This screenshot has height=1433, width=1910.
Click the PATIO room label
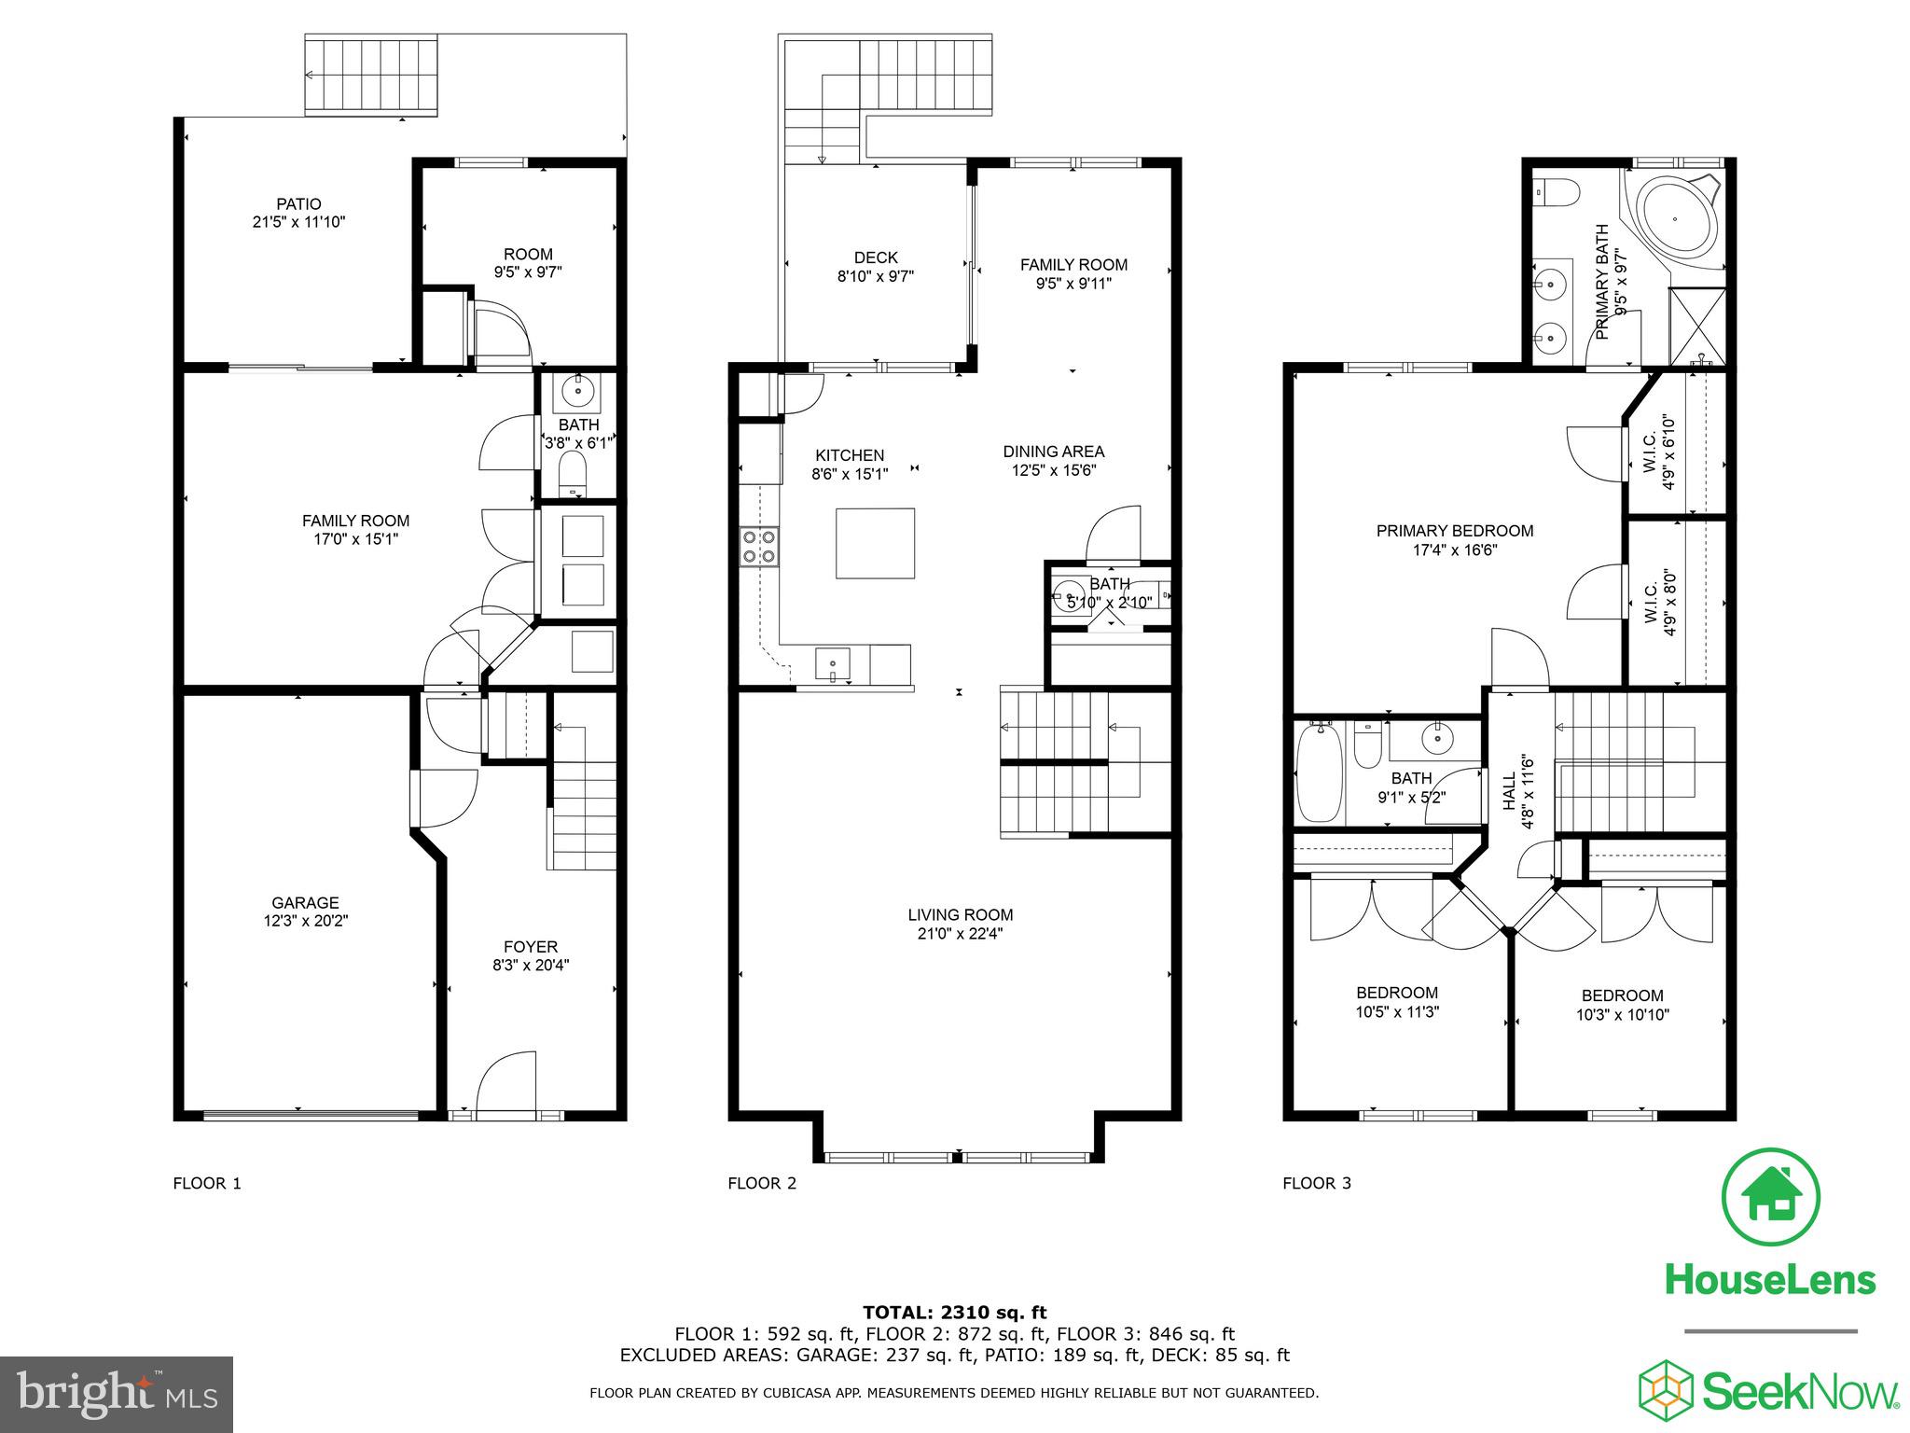pos(298,204)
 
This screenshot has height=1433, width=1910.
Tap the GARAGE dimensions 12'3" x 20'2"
pos(305,921)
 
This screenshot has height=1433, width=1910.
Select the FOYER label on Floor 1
pos(531,947)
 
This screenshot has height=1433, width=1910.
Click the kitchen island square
pos(875,543)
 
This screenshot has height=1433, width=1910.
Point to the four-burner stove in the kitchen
pos(759,547)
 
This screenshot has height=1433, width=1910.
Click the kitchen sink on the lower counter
pos(832,663)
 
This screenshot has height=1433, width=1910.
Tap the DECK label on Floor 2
pos(876,257)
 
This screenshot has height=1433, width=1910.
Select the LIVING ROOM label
pos(961,915)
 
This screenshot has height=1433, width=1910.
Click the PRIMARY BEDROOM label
pos(1455,531)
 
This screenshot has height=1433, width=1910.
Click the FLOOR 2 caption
pos(762,1183)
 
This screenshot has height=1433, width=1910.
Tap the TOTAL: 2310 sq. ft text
pos(954,1313)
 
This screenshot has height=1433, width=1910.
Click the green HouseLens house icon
pos(1770,1197)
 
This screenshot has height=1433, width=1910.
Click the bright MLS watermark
pos(117,1394)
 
